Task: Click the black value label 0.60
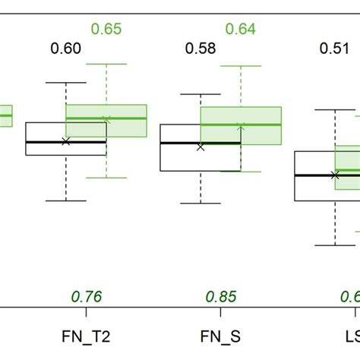(66, 49)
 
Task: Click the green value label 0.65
(106, 30)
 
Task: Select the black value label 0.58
(201, 49)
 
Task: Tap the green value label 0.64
(241, 30)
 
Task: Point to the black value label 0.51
(335, 49)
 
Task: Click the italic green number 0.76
(87, 296)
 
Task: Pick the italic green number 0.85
(221, 296)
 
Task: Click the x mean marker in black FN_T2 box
(66, 141)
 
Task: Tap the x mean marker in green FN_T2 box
(106, 119)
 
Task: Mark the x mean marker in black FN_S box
(201, 147)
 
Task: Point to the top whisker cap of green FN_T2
(106, 64)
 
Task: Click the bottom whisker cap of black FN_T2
(66, 201)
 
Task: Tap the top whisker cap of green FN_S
(241, 65)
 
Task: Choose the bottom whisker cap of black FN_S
(201, 203)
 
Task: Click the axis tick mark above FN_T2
(87, 312)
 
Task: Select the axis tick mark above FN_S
(221, 312)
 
